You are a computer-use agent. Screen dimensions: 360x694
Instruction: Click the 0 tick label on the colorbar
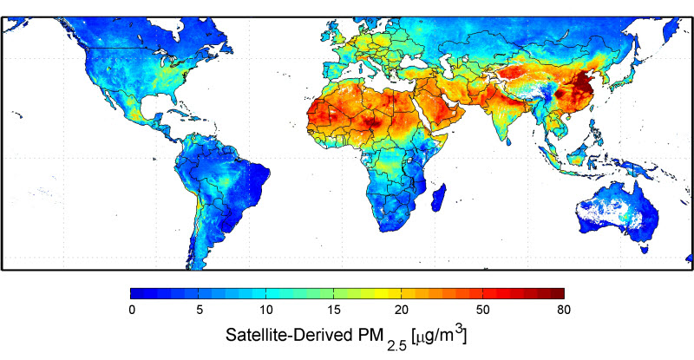pos(132,309)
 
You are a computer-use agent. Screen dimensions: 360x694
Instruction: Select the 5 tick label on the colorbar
pos(200,309)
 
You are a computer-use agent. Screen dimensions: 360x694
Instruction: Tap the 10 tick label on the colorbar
pos(266,309)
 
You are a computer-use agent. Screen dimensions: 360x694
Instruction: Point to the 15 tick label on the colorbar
pos(334,309)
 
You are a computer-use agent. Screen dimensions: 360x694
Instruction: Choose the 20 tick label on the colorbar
pos(401,309)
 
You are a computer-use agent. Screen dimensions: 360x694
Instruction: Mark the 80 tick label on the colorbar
pos(563,309)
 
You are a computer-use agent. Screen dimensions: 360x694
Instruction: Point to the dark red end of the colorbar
pos(559,293)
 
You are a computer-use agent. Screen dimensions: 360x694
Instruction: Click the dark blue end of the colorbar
pos(136,293)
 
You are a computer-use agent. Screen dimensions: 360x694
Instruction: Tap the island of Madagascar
pos(441,198)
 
